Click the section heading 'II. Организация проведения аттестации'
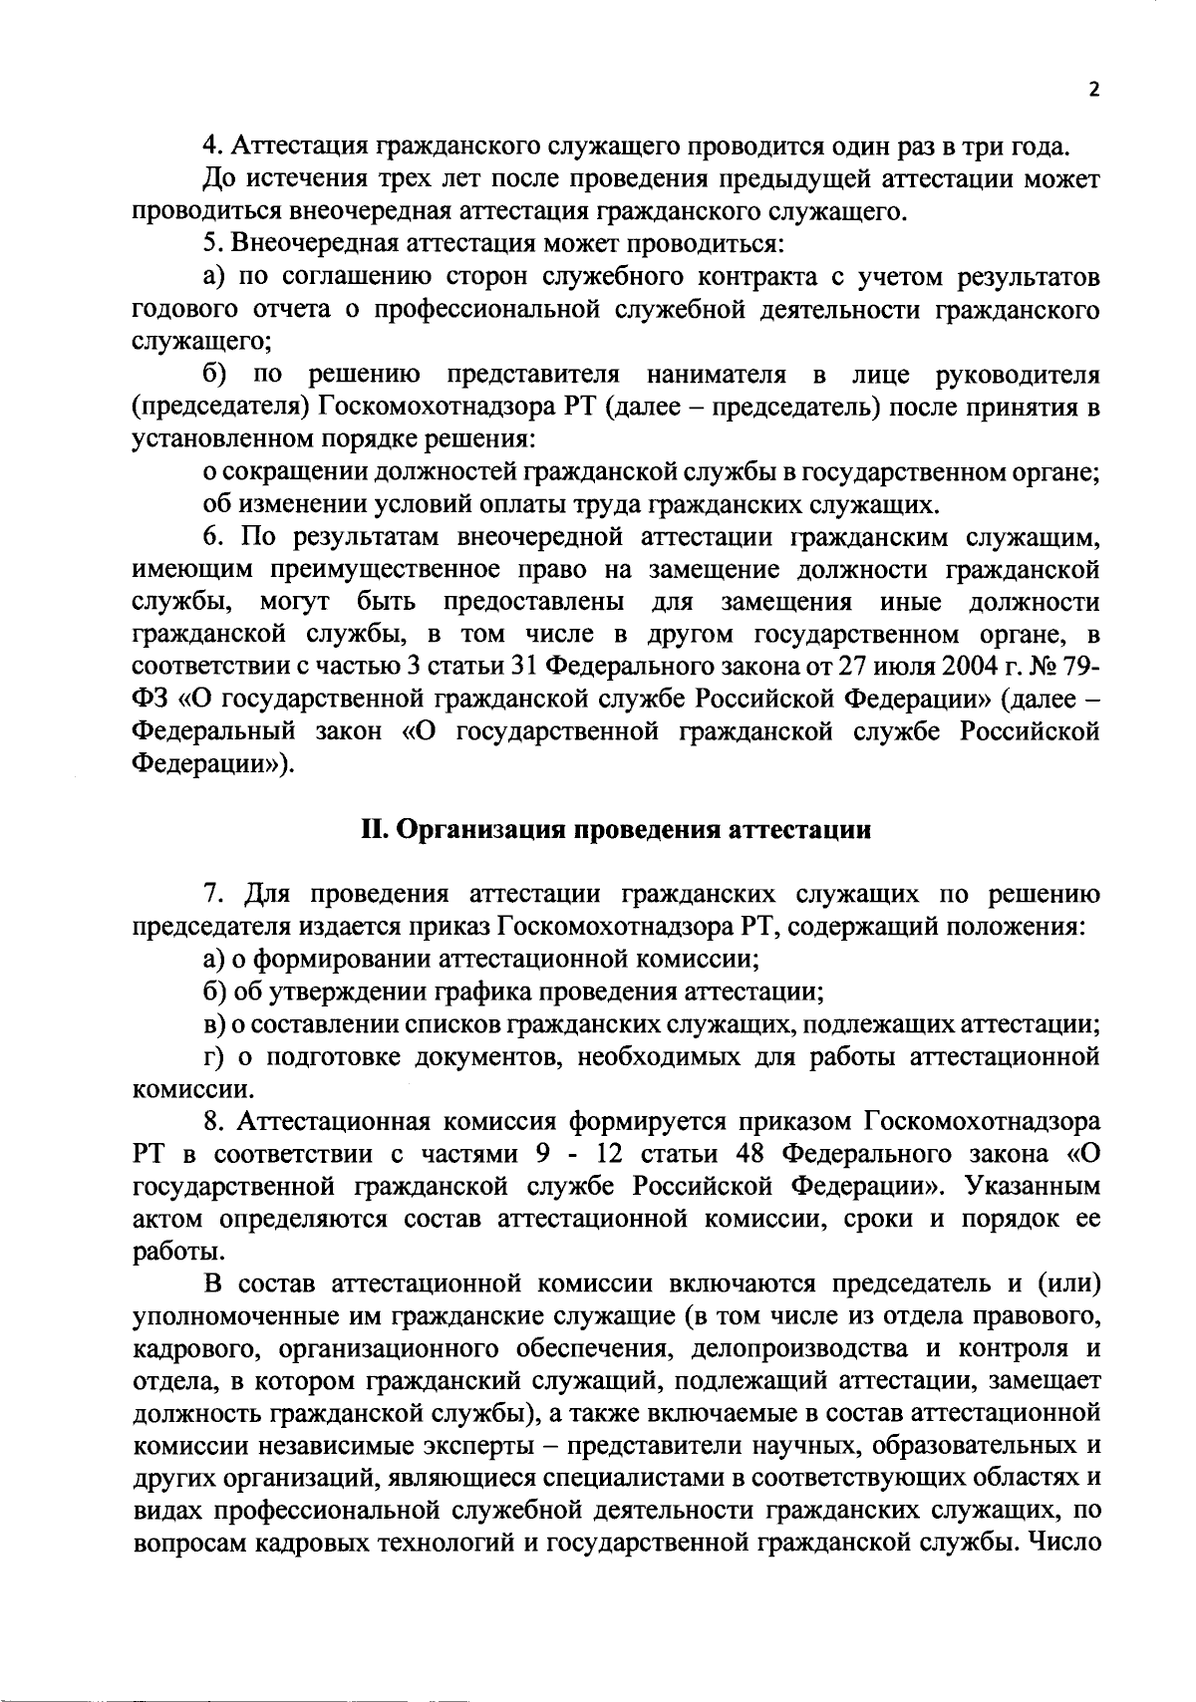(616, 830)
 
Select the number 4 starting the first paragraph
(208, 147)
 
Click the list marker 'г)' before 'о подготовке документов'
(212, 1057)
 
